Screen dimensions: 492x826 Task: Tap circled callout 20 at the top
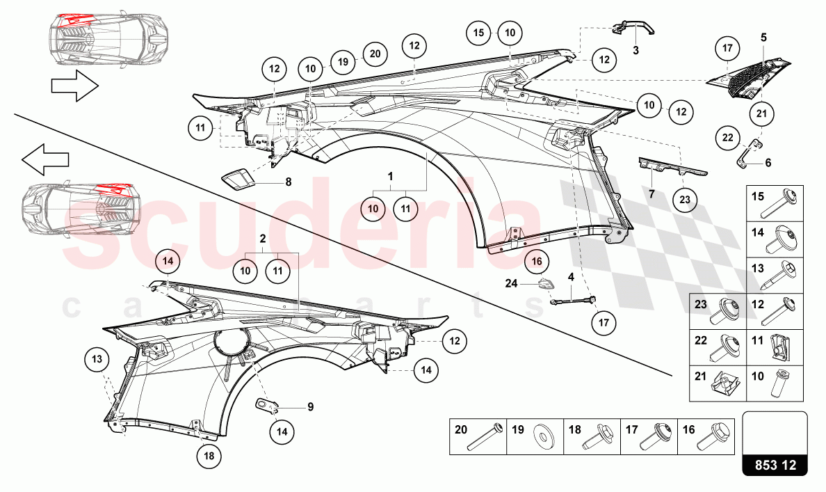point(375,54)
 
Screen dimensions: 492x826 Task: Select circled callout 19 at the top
point(343,61)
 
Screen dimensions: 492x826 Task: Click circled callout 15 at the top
point(478,33)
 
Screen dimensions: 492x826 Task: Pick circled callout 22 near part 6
point(728,138)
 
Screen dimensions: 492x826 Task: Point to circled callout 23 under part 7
point(684,199)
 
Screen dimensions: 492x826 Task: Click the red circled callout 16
point(536,262)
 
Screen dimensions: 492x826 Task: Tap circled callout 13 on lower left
point(98,360)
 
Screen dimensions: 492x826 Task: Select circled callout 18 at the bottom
point(209,457)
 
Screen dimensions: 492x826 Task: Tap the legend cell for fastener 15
point(774,203)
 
